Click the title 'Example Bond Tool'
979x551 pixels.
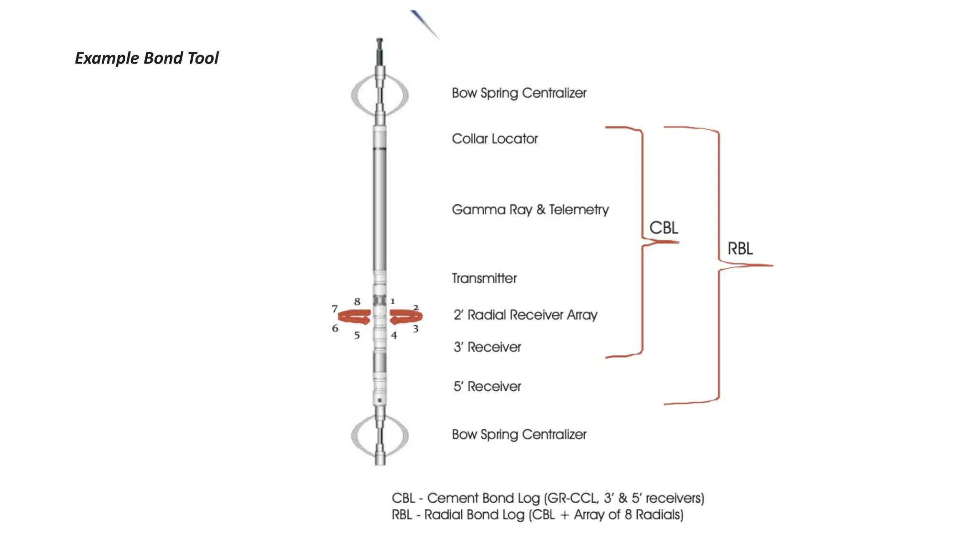click(x=146, y=58)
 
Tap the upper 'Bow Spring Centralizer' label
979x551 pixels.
click(x=519, y=93)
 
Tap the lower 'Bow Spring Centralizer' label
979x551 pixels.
click(x=519, y=434)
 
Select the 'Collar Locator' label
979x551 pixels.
click(x=494, y=139)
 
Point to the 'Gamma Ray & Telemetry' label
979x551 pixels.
click(x=530, y=209)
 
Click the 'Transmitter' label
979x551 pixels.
click(x=484, y=278)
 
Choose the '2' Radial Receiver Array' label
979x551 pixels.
click(x=525, y=315)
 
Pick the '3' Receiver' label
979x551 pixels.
click(x=487, y=347)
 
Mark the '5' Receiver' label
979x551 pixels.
click(x=487, y=386)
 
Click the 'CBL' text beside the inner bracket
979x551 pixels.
click(x=664, y=228)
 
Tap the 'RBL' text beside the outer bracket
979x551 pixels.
click(x=740, y=249)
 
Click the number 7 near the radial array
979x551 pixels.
click(x=335, y=309)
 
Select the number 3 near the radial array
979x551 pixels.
click(x=415, y=329)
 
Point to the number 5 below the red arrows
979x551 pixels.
click(x=357, y=336)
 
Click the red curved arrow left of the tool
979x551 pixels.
click(x=354, y=317)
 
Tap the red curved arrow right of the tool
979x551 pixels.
click(x=406, y=317)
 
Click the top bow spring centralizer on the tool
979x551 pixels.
click(x=380, y=95)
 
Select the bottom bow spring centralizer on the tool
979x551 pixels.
click(x=380, y=436)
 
